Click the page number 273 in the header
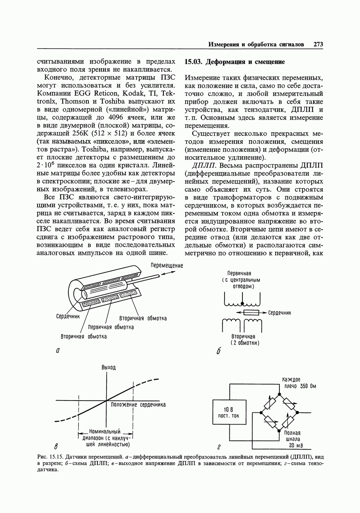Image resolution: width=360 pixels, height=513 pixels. pos(318,45)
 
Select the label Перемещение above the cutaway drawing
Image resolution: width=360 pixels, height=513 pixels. pos(167,266)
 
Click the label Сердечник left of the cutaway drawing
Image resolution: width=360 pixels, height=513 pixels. pos(68,316)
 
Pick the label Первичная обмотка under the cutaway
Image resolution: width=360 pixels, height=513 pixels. pos(111,327)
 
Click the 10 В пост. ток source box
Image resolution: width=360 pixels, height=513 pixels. pos(229,412)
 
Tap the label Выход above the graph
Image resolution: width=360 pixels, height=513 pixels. pos(109,367)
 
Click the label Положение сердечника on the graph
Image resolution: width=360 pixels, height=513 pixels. pos(138,404)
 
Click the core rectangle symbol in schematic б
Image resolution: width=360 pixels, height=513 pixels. pos(251,313)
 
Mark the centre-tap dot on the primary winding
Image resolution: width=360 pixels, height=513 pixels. pos(242,304)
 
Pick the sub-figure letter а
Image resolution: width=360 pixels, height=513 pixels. pos(58,350)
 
